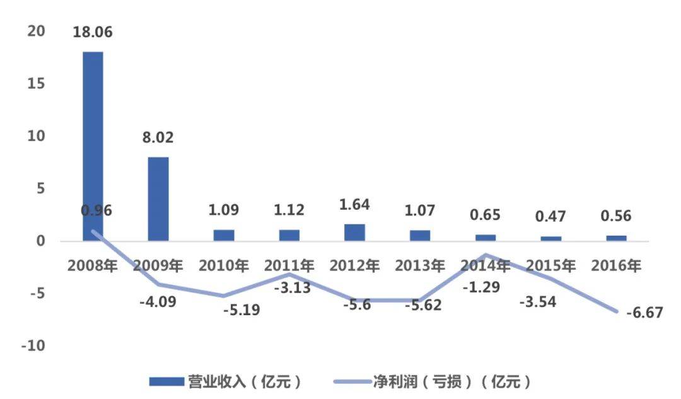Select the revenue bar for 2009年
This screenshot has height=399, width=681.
tap(158, 199)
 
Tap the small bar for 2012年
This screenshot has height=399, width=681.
tap(355, 233)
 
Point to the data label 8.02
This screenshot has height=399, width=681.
tap(158, 137)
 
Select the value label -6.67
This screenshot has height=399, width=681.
tap(643, 313)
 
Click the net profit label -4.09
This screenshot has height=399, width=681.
tap(157, 301)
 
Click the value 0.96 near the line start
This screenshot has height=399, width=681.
tap(96, 211)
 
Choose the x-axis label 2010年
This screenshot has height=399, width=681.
tap(224, 266)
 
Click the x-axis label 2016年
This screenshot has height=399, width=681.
tap(617, 266)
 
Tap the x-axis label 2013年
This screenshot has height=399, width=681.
tap(420, 266)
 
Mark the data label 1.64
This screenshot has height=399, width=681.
tap(354, 205)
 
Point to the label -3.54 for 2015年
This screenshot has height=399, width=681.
tap(538, 303)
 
